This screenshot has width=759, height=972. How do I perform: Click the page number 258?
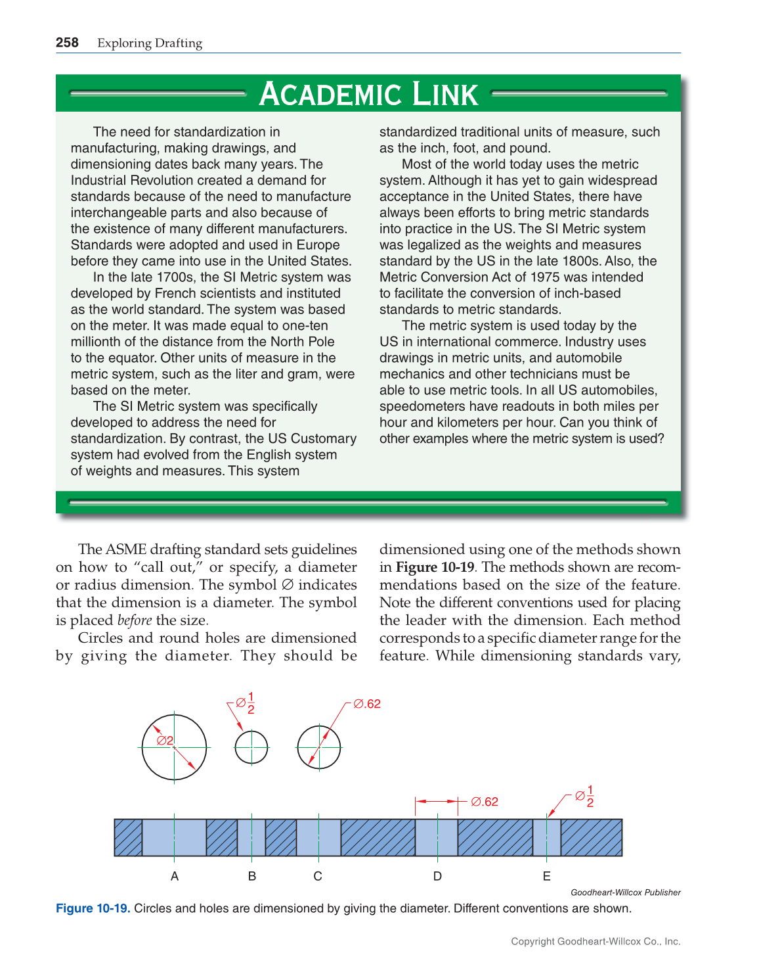coord(67,43)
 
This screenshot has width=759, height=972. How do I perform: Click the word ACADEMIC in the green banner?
coord(330,94)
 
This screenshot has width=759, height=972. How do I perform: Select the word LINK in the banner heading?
coord(445,94)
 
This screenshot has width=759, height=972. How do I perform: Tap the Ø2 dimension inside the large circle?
coord(165,741)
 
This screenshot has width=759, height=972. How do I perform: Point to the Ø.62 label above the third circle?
coord(367,704)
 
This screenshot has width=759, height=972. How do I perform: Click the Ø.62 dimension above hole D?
coord(485,802)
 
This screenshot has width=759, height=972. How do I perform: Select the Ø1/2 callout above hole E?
coord(585,796)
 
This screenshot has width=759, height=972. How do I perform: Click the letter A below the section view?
coord(175,876)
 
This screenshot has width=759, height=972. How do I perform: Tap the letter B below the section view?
coord(252,876)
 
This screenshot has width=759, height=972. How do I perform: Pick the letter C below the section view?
coord(318,876)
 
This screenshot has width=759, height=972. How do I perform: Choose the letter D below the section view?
coord(437,876)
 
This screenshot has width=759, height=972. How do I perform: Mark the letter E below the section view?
coord(546,876)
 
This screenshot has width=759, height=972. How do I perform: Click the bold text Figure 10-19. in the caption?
coord(93,908)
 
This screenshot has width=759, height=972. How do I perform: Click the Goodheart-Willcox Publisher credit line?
coord(625,892)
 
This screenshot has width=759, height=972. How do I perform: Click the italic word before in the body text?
coord(135,620)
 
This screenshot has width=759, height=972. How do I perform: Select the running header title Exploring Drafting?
coord(150,43)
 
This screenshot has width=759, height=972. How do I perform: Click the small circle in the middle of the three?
coord(251,747)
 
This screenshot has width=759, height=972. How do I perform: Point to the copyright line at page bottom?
coord(596,941)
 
